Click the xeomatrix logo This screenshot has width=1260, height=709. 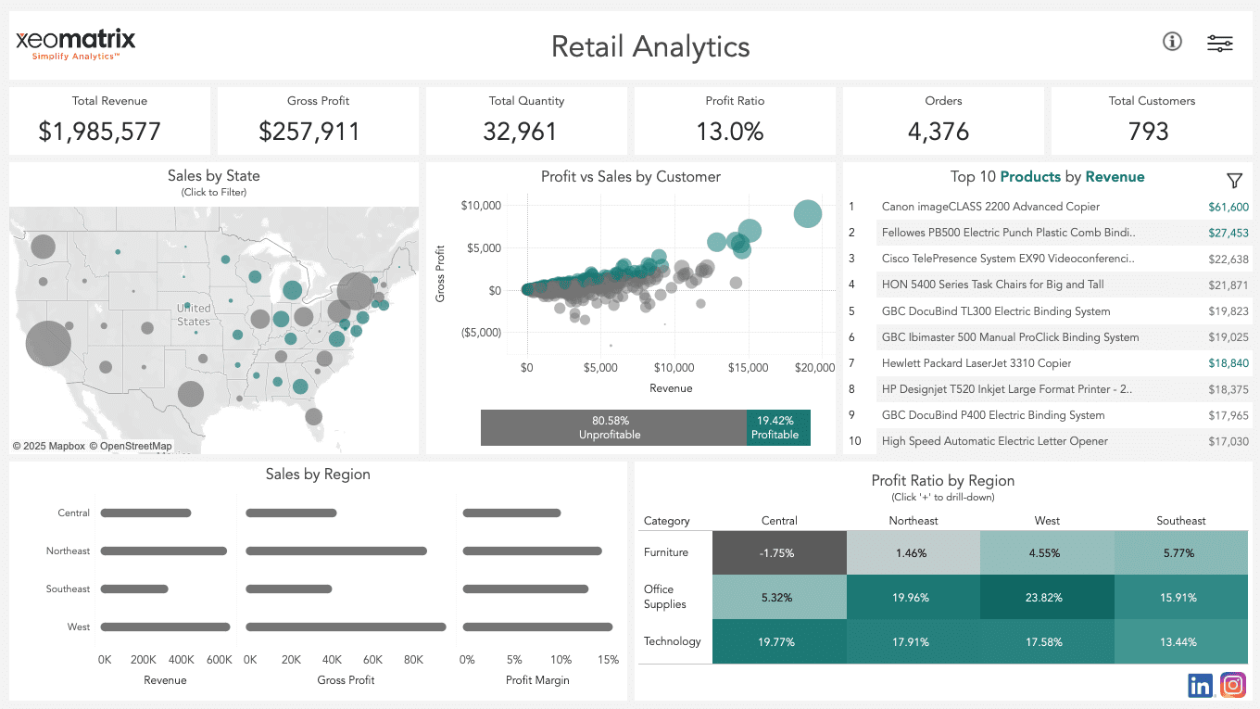tap(75, 43)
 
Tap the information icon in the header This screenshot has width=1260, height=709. tap(1172, 42)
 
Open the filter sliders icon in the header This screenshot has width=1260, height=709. tap(1219, 43)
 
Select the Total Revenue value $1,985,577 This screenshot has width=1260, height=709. tap(100, 132)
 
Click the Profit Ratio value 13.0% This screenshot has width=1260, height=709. tap(730, 132)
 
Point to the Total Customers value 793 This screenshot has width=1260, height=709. tap(1148, 132)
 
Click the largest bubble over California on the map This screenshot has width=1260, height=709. tap(47, 344)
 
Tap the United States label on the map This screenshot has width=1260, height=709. tap(194, 315)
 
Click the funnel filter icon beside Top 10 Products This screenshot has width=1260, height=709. tap(1234, 181)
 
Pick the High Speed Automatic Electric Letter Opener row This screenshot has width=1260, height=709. tap(994, 441)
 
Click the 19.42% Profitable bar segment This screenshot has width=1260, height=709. tap(778, 428)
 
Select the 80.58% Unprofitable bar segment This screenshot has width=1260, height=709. tap(612, 428)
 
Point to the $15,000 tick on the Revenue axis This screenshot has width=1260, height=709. tap(748, 368)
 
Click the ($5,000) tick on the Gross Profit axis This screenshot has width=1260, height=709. tap(480, 333)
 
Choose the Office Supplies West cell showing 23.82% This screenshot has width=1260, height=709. tap(1047, 598)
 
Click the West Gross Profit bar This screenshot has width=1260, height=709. tap(346, 627)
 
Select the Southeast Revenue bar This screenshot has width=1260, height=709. tap(134, 589)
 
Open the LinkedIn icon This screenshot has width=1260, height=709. tap(1200, 686)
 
